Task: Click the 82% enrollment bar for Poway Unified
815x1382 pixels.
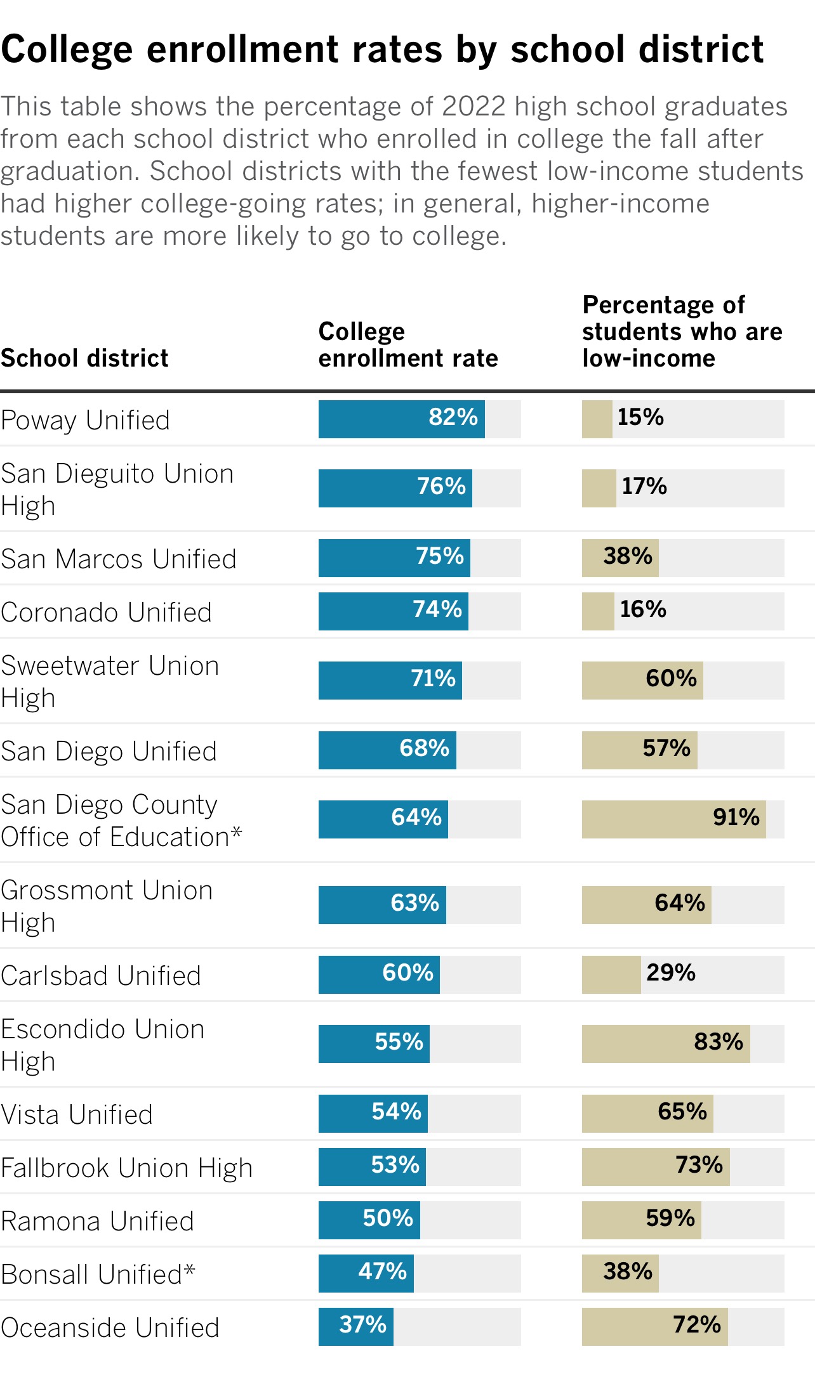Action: (401, 419)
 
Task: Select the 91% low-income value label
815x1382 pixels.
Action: (736, 818)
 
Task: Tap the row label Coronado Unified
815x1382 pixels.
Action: (107, 613)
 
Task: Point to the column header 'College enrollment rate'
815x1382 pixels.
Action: (407, 345)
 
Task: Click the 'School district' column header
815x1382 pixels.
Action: (84, 358)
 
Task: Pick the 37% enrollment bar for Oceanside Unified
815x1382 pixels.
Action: (355, 1327)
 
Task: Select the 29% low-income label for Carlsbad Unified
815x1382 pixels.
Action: (670, 973)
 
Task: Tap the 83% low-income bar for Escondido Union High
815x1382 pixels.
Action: (665, 1044)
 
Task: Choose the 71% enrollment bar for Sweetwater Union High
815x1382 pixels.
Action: (390, 681)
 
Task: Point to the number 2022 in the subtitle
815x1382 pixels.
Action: (474, 107)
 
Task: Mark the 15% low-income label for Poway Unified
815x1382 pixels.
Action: (640, 417)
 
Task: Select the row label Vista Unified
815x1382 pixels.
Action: (77, 1115)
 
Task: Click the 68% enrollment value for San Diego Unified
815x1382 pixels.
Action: (424, 748)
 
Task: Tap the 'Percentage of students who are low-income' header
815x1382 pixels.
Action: (682, 332)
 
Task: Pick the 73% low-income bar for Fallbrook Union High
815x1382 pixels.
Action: (655, 1167)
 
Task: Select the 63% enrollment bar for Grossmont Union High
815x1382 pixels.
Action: (382, 905)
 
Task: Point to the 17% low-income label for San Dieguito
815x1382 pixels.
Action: (644, 487)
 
